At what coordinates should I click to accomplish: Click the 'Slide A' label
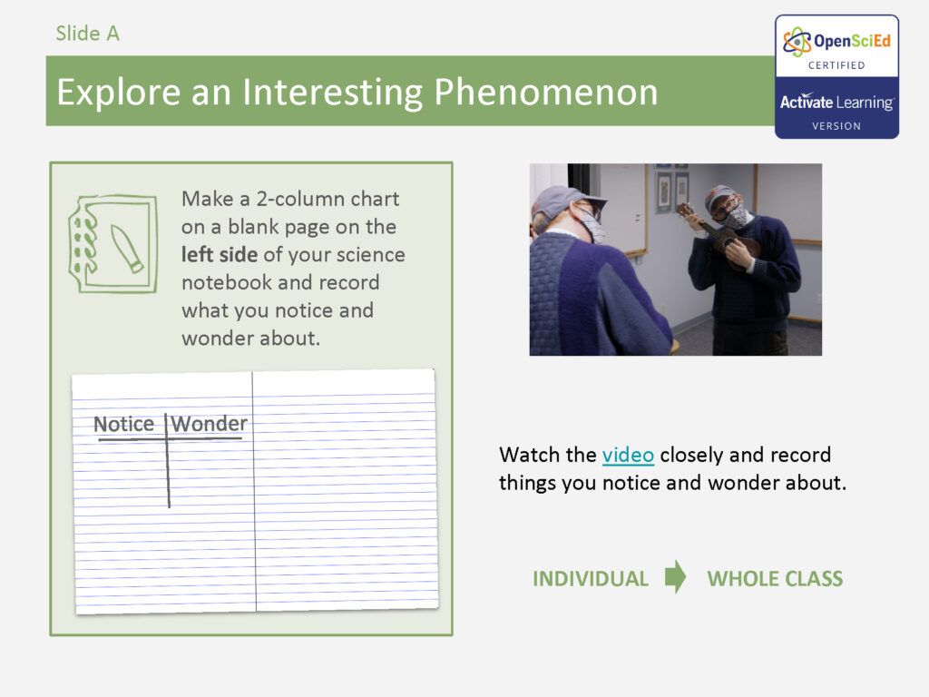pyautogui.click(x=87, y=34)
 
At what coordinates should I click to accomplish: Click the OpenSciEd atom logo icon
pyautogui.click(x=797, y=42)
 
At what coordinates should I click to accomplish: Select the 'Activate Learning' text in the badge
pyautogui.click(x=836, y=103)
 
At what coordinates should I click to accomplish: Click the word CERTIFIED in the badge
pyautogui.click(x=836, y=65)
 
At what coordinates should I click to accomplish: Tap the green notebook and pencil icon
pyautogui.click(x=113, y=243)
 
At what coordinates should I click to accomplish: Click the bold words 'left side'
pyautogui.click(x=220, y=254)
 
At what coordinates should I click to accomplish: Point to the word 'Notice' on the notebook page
pyautogui.click(x=124, y=424)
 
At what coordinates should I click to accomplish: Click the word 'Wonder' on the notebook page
pyautogui.click(x=210, y=424)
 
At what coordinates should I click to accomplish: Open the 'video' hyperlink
pyautogui.click(x=628, y=455)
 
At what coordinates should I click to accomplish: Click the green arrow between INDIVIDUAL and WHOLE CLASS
pyautogui.click(x=676, y=577)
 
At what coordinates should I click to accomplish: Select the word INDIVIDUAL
pyautogui.click(x=591, y=579)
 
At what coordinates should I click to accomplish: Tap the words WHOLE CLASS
pyautogui.click(x=775, y=579)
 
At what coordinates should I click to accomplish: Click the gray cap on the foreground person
pyautogui.click(x=561, y=200)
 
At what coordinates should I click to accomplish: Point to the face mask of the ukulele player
pyautogui.click(x=736, y=216)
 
